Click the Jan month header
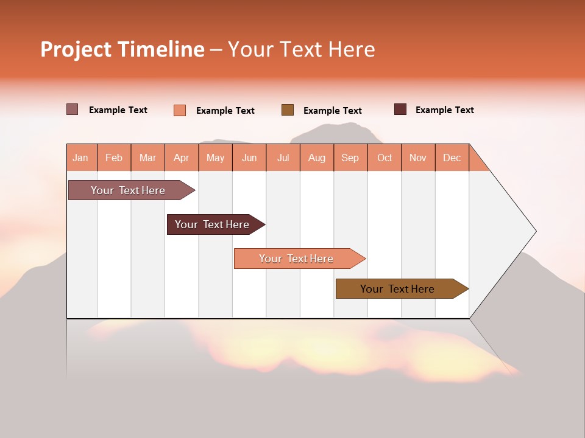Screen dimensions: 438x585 pyautogui.click(x=81, y=158)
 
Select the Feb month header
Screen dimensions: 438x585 pyautogui.click(x=114, y=158)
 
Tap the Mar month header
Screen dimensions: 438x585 pyautogui.click(x=147, y=158)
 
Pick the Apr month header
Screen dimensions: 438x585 pyautogui.click(x=182, y=158)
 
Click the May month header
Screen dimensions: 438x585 pyautogui.click(x=215, y=158)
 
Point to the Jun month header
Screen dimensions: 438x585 pyautogui.click(x=249, y=158)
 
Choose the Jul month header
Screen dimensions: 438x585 pyautogui.click(x=283, y=158)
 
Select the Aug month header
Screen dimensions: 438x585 pyautogui.click(x=317, y=158)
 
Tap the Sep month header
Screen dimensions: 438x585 pyautogui.click(x=350, y=158)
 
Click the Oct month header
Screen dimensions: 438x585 pyautogui.click(x=385, y=158)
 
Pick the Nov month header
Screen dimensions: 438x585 pyautogui.click(x=418, y=158)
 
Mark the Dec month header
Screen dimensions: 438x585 pyautogui.click(x=452, y=158)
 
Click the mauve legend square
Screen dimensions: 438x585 pyautogui.click(x=73, y=109)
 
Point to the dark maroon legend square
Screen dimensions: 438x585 pyautogui.click(x=400, y=109)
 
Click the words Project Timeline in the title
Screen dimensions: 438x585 pyautogui.click(x=122, y=49)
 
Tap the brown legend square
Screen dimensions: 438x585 pyautogui.click(x=288, y=110)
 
